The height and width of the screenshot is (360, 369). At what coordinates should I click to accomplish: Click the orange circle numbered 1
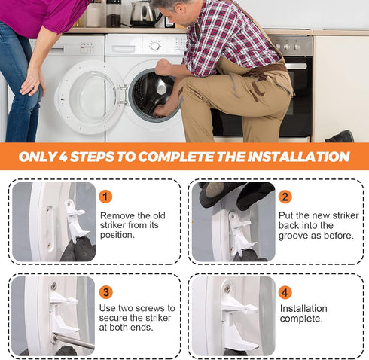(105, 197)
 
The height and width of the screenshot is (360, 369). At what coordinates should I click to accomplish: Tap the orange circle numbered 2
(285, 197)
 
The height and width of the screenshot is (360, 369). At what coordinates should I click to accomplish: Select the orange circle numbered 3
(106, 292)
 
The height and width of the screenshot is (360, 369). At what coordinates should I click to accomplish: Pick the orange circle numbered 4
(285, 292)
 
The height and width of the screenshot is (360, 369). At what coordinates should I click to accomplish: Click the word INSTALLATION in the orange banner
(298, 157)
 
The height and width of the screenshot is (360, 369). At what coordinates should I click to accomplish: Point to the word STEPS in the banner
(92, 157)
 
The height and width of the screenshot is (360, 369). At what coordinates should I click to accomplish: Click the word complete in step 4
(301, 319)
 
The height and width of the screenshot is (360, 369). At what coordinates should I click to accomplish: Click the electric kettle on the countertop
(144, 14)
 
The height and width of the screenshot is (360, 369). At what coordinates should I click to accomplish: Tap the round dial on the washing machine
(155, 46)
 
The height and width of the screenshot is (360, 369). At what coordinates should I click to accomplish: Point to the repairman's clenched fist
(163, 66)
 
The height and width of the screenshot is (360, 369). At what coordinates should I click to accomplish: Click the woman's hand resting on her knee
(32, 81)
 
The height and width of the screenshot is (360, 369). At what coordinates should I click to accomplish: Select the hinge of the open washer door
(123, 94)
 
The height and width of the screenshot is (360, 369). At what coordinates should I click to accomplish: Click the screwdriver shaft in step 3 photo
(74, 341)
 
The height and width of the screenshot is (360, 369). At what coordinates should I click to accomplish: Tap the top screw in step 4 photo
(227, 288)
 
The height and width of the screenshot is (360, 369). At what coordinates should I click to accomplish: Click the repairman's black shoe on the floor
(340, 136)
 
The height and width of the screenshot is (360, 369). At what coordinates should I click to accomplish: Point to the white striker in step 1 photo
(75, 221)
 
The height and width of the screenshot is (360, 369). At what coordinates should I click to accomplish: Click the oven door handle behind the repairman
(296, 66)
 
